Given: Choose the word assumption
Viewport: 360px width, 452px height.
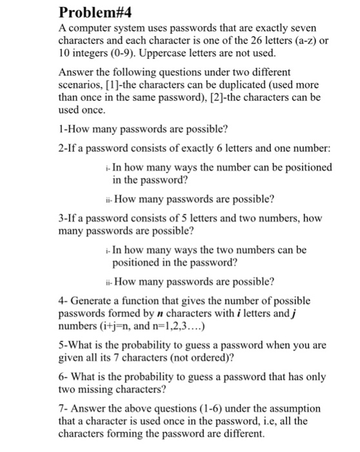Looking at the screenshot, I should (299, 409).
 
